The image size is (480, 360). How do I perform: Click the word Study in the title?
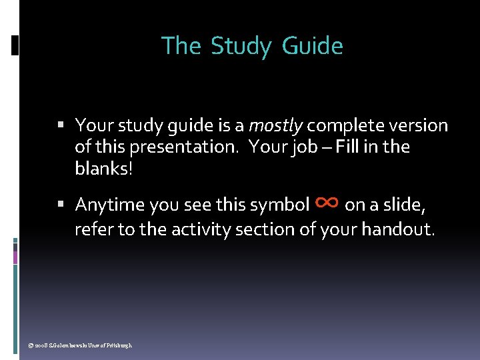point(241,47)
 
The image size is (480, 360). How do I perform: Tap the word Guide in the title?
point(313,47)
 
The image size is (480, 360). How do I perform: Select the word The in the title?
point(181,46)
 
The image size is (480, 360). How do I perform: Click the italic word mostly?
point(275,125)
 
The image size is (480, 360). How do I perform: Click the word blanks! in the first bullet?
point(104,168)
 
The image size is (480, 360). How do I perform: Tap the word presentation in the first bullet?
point(180,147)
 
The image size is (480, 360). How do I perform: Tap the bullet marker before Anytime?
point(61,204)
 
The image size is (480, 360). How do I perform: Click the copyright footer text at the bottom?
point(77,345)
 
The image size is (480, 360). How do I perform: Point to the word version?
point(420,125)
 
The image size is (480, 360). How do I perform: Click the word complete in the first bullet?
point(345,125)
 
